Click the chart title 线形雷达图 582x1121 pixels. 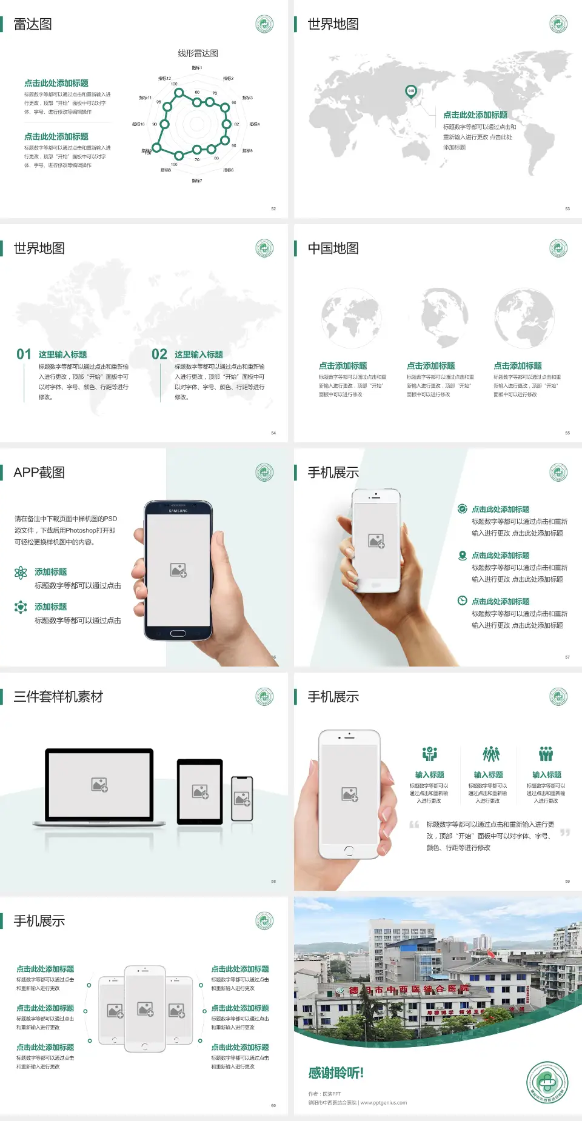(x=198, y=53)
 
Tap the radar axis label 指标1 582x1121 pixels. (x=197, y=68)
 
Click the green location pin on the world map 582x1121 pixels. (x=410, y=91)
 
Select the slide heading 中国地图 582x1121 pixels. (x=333, y=248)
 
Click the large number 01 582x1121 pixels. (x=24, y=354)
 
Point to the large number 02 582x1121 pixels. (x=159, y=354)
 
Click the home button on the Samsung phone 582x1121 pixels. (x=178, y=633)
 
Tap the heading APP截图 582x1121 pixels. (x=39, y=473)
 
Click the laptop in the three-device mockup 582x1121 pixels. (x=99, y=787)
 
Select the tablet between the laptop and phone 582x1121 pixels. (x=199, y=791)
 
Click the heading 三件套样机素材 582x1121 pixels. (x=58, y=697)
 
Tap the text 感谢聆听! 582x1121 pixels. (x=336, y=1073)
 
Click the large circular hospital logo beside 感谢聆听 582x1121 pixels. (x=547, y=1082)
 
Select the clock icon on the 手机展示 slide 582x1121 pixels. (x=462, y=600)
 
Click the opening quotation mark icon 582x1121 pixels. (x=414, y=824)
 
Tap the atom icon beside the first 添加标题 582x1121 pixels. (x=21, y=573)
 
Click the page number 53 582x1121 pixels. (x=567, y=208)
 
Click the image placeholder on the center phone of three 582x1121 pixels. (x=145, y=1008)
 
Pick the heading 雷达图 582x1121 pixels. (x=33, y=24)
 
